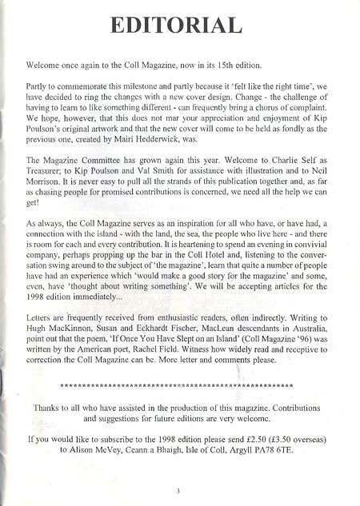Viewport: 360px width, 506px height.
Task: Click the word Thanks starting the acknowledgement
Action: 47,406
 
